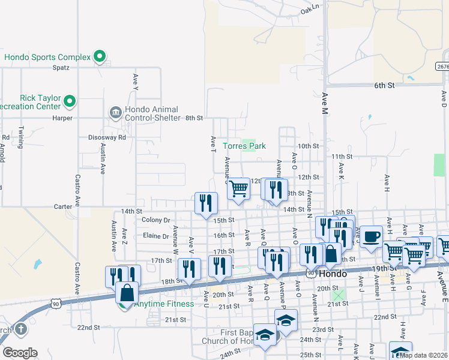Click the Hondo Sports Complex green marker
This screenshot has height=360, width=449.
click(x=100, y=58)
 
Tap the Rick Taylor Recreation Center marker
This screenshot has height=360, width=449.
click(x=70, y=101)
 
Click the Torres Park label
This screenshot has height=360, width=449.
click(x=244, y=146)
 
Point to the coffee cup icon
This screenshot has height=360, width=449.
click(x=371, y=235)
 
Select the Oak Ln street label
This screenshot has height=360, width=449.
click(x=310, y=8)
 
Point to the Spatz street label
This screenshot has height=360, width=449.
click(x=61, y=68)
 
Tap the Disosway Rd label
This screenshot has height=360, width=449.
click(x=113, y=137)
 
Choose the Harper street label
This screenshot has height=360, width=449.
click(x=62, y=118)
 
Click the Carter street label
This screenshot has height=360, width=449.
click(x=63, y=206)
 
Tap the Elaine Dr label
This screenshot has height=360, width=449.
click(x=156, y=236)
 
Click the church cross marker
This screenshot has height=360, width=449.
click(x=20, y=329)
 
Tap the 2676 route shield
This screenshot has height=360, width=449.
click(x=442, y=66)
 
